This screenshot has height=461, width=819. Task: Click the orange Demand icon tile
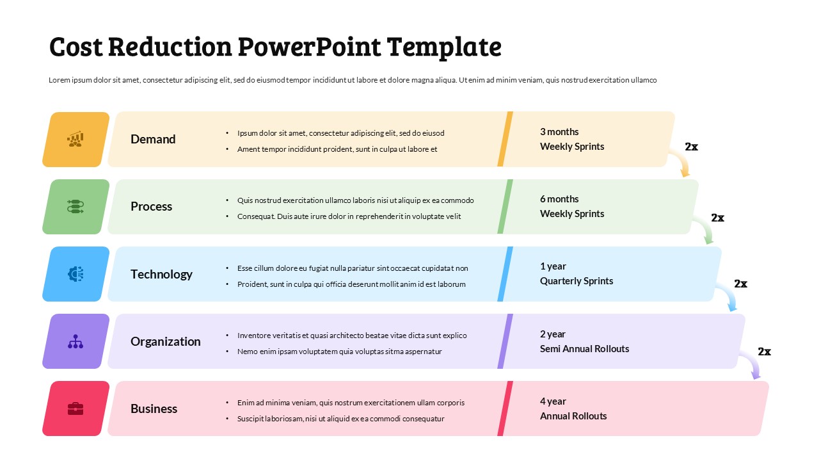(x=76, y=140)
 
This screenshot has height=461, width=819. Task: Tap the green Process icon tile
(x=76, y=207)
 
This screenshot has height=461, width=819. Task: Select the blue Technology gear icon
(x=76, y=274)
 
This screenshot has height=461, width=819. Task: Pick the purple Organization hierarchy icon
(x=76, y=341)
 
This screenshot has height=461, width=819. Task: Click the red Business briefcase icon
(x=76, y=408)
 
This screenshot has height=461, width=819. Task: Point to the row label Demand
(x=153, y=139)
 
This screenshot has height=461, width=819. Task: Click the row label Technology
(x=161, y=274)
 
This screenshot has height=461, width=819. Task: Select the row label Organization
(x=165, y=341)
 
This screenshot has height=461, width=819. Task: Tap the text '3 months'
(x=559, y=132)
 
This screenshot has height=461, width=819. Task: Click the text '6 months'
(x=559, y=199)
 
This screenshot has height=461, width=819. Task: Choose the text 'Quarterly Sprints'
(x=576, y=281)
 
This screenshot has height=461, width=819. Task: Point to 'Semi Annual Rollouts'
(x=584, y=349)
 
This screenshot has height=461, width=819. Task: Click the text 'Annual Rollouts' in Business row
(x=573, y=416)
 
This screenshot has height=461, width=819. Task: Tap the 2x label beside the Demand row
(x=691, y=147)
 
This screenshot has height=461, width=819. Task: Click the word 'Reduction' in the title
(x=170, y=47)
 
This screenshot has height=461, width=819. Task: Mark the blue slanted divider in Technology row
(x=505, y=274)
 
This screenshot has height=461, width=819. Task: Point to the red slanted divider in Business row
(x=505, y=408)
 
